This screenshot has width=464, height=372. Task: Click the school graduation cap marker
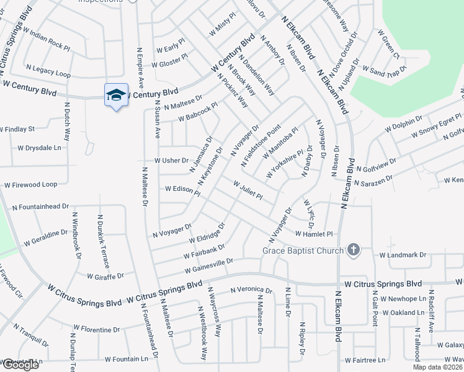coord(116,95)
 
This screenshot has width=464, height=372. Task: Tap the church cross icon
coord(354,250)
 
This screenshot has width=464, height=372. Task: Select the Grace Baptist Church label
coord(303,250)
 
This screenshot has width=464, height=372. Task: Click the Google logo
coord(20,365)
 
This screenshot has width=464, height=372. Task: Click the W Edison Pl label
coord(182,190)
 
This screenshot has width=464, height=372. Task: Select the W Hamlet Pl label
coord(315,234)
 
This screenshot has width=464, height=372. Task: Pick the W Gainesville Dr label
coord(208,266)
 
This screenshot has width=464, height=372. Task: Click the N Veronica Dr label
coord(251,290)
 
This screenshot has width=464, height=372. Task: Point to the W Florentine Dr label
coord(96,327)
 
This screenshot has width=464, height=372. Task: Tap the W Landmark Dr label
coord(403,255)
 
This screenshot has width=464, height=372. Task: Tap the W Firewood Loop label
coord(30,185)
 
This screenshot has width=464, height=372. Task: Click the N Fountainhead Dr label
coord(40,206)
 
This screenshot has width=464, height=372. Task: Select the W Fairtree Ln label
coord(364,360)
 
